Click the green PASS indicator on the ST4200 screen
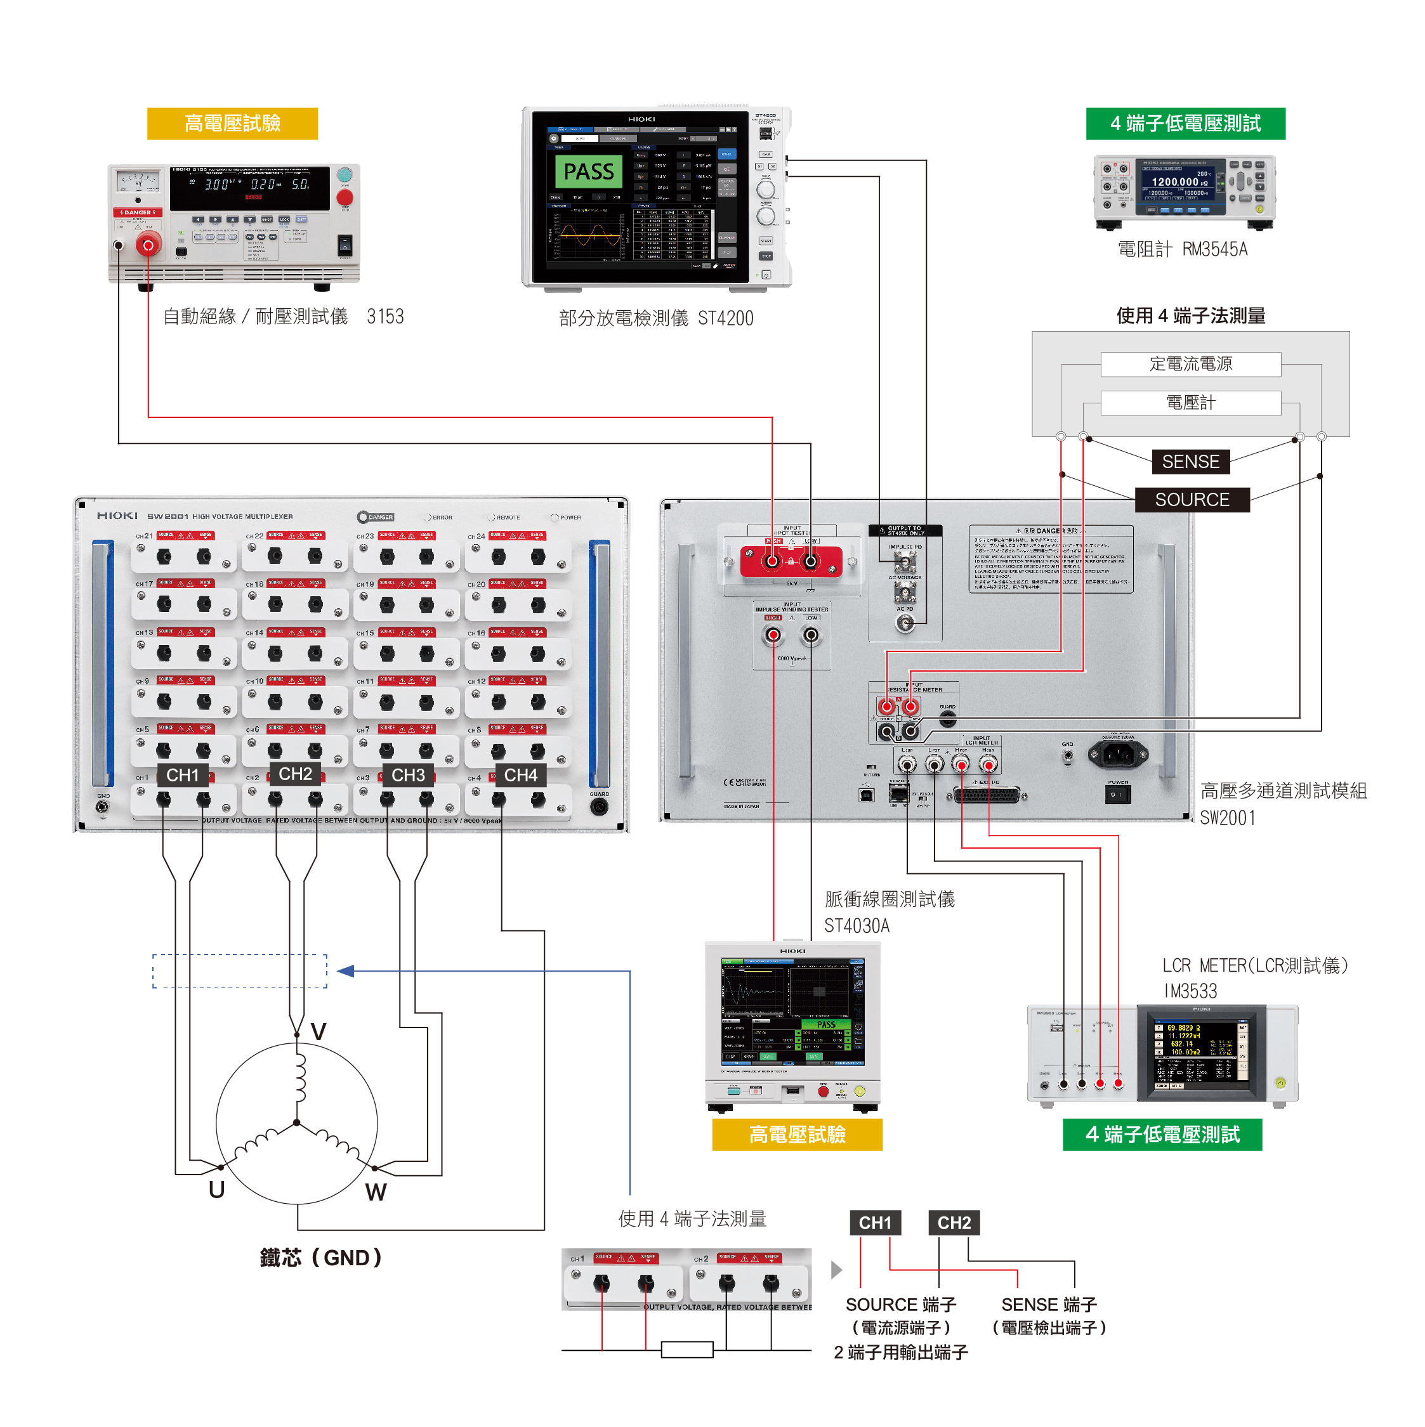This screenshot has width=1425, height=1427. click(588, 171)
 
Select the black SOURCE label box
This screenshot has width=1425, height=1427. click(1191, 499)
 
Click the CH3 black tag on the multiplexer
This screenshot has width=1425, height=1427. click(408, 775)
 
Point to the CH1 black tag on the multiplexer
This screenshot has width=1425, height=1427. click(183, 775)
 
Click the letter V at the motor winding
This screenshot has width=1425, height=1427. click(318, 1031)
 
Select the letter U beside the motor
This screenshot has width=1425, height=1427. click(216, 1189)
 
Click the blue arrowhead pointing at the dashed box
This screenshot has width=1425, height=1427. click(345, 970)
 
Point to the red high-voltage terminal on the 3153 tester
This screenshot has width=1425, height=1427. click(148, 244)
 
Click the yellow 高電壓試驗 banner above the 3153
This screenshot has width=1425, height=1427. click(232, 123)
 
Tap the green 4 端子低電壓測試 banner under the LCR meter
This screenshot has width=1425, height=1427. click(1161, 1134)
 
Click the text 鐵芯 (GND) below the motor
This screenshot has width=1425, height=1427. click(320, 1257)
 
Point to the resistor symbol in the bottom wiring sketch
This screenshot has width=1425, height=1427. click(686, 1350)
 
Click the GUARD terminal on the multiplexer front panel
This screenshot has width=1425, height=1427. click(599, 807)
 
